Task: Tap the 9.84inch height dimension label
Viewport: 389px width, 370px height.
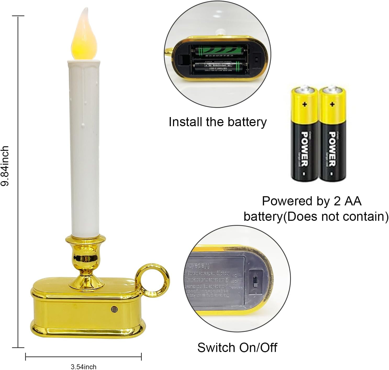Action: coord(5,166)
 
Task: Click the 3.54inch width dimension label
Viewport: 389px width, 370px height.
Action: coord(83,367)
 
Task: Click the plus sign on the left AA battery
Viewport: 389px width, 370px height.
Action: coord(305,104)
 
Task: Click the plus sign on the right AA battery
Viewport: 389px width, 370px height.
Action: coord(332,104)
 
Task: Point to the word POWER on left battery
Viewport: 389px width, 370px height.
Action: coord(305,148)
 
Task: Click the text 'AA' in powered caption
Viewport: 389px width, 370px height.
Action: coord(353,201)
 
